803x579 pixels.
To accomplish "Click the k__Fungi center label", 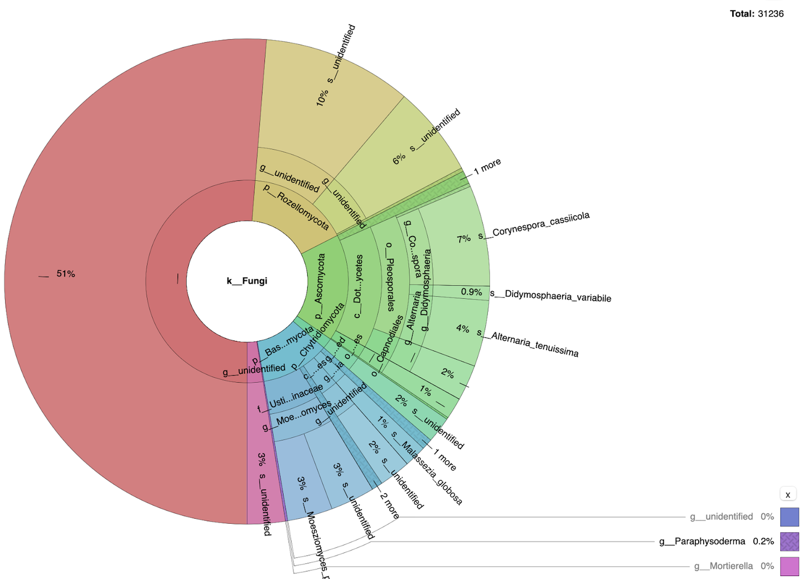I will pyautogui.click(x=246, y=281).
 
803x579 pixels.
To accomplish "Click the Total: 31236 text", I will pyautogui.click(x=756, y=13).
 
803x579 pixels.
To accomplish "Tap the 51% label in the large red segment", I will pyautogui.click(x=66, y=274).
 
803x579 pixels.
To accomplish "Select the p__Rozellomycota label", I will pyautogui.click(x=296, y=207).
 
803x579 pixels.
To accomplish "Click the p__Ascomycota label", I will pyautogui.click(x=320, y=286).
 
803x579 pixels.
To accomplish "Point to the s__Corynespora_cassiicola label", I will pyautogui.click(x=534, y=225).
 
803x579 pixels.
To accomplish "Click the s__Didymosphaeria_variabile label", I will pyautogui.click(x=550, y=296).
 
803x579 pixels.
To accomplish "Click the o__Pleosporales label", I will pyautogui.click(x=390, y=276).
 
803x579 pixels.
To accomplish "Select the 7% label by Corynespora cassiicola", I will pyautogui.click(x=464, y=239).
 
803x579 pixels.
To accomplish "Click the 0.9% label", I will pyautogui.click(x=471, y=292).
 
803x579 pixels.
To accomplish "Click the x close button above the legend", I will pyautogui.click(x=787, y=494).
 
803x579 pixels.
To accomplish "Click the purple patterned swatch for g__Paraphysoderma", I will pyautogui.click(x=789, y=542).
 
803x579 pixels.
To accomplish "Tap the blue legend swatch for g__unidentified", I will pyautogui.click(x=789, y=517).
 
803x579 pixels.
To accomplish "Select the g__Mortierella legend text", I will pyautogui.click(x=723, y=566).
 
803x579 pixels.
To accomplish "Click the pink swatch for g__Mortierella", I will pyautogui.click(x=789, y=566).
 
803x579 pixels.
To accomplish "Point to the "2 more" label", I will pyautogui.click(x=389, y=506).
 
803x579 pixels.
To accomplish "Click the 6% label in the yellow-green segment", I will pyautogui.click(x=399, y=159).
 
